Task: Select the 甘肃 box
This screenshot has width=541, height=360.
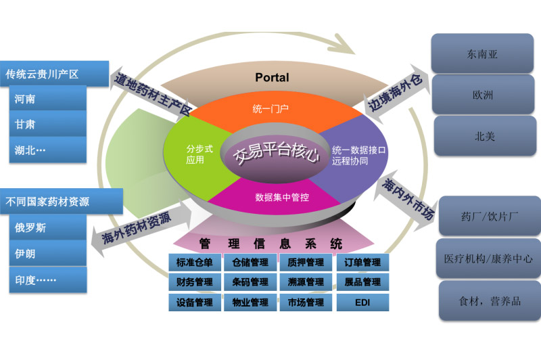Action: (48, 125)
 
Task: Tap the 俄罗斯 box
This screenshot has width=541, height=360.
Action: (48, 227)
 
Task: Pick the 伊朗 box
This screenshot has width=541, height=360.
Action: (48, 253)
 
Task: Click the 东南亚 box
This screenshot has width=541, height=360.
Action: (482, 54)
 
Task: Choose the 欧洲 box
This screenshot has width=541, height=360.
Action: (482, 95)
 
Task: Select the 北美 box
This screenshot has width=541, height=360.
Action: (482, 136)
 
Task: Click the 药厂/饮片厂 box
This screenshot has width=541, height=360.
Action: (489, 217)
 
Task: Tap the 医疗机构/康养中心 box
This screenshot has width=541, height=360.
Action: (488, 258)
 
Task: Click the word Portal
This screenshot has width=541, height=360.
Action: (272, 78)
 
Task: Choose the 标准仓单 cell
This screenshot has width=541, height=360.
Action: (194, 263)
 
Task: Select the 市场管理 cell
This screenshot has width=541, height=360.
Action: (306, 302)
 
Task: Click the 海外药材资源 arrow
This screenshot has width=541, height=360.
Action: (139, 227)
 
